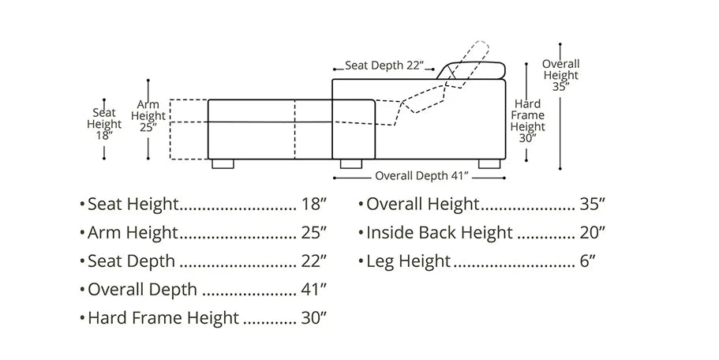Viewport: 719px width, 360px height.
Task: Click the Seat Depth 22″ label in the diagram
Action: [384, 66]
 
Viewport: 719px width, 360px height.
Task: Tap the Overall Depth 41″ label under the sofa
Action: [421, 175]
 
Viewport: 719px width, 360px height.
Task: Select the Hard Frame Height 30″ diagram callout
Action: [527, 121]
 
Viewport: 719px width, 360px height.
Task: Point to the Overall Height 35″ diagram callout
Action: [560, 75]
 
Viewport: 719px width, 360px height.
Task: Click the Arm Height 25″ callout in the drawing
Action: [148, 117]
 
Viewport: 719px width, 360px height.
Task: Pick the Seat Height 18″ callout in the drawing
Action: [104, 124]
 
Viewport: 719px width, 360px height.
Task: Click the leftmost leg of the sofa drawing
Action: [223, 163]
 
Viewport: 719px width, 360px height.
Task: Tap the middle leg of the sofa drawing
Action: [350, 163]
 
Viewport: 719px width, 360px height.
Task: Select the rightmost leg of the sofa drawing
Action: [489, 163]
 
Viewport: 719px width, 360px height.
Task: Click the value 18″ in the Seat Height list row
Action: [313, 204]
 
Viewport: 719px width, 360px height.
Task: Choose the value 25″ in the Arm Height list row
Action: [313, 233]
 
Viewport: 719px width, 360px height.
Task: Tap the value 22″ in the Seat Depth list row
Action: [313, 261]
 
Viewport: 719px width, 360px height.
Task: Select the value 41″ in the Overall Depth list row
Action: [313, 290]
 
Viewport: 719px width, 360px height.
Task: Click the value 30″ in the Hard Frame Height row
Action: [313, 318]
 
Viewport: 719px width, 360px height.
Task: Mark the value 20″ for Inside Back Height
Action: [593, 233]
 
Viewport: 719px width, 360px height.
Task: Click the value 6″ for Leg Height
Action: [587, 261]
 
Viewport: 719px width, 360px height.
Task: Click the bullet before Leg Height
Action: [361, 262]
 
